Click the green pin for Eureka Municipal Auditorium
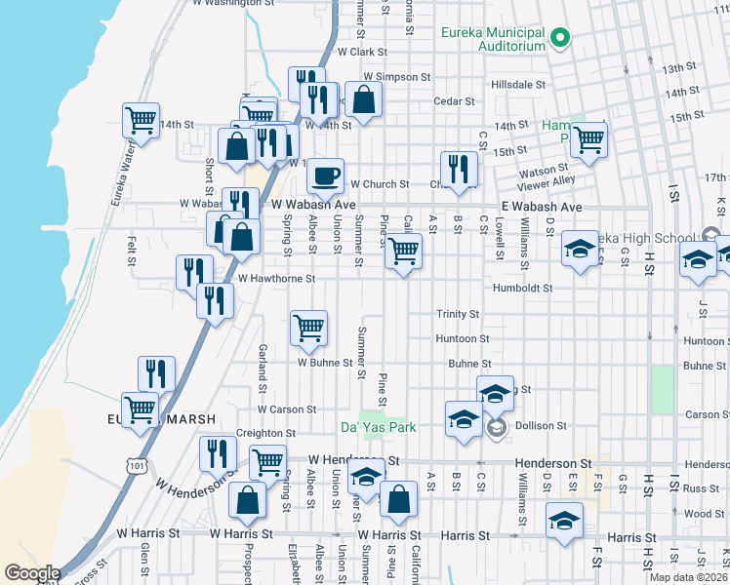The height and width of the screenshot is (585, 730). pyautogui.click(x=560, y=40)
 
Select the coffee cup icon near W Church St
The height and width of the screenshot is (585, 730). pyautogui.click(x=325, y=175)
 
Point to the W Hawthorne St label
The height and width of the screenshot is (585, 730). pyautogui.click(x=276, y=278)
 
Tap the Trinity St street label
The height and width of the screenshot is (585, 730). pyautogui.click(x=457, y=314)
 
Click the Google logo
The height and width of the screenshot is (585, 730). pyautogui.click(x=32, y=573)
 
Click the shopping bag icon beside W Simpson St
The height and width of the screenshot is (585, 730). pyautogui.click(x=363, y=99)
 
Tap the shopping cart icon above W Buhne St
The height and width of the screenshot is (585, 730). pyautogui.click(x=308, y=329)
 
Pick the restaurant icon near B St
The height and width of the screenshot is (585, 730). pyautogui.click(x=458, y=169)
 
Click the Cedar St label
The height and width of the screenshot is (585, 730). pyautogui.click(x=454, y=100)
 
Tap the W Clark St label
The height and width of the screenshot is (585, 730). pyautogui.click(x=362, y=52)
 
